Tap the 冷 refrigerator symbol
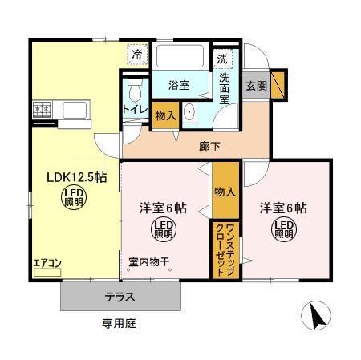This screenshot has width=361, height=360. coord(137,55)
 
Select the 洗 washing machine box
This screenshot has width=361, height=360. coord(222,59)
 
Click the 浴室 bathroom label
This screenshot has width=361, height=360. coord(178,83)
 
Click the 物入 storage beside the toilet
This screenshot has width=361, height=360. coord(164,115)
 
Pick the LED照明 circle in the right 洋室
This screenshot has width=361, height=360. coord(285,231)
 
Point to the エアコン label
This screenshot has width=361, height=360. coord(47,261)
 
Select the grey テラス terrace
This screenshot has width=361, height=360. coord(119,297)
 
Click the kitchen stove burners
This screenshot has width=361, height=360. coord(41,110)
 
